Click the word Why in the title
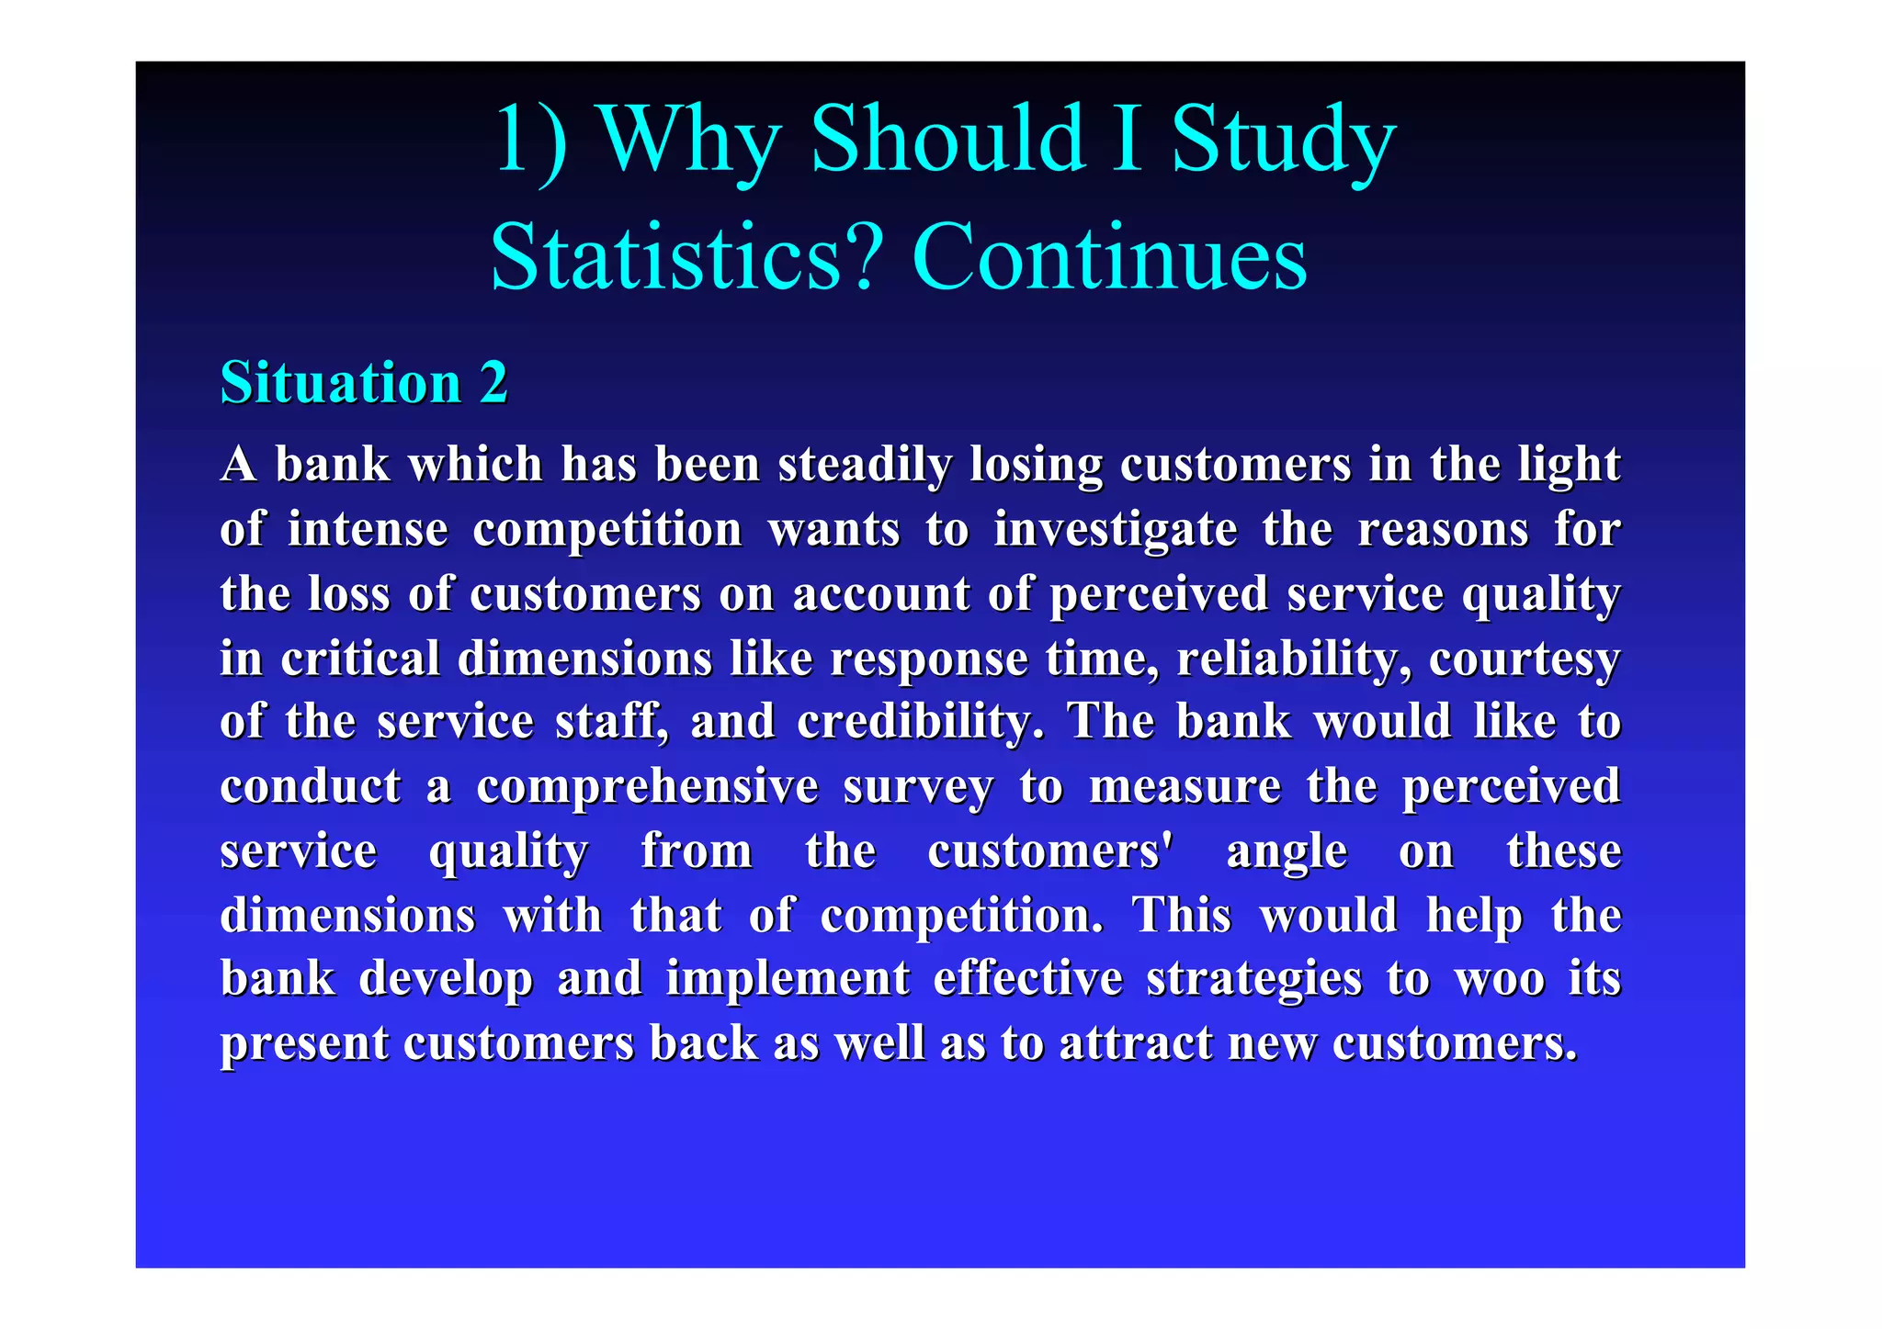pyautogui.click(x=690, y=140)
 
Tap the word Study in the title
pyautogui.click(x=1284, y=140)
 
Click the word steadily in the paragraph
pyautogui.click(x=865, y=465)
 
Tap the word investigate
pyautogui.click(x=1116, y=530)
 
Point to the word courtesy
pyautogui.click(x=1525, y=659)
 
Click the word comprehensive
pyautogui.click(x=647, y=786)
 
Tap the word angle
pyautogui.click(x=1287, y=851)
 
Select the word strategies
pyautogui.click(x=1254, y=978)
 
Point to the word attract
pyautogui.click(x=1136, y=1043)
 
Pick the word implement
pyautogui.click(x=788, y=978)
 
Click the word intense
pyautogui.click(x=368, y=530)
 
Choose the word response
pyautogui.click(x=928, y=659)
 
